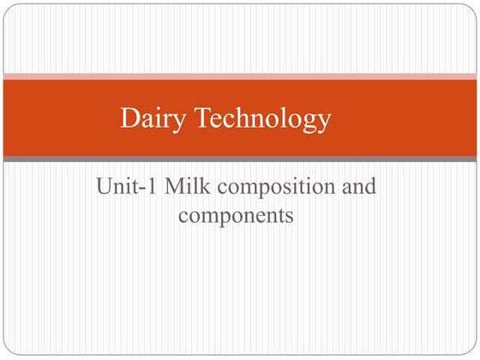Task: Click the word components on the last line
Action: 236,215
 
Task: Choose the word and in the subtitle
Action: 358,185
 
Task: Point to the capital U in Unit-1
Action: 105,185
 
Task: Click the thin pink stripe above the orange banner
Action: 240,76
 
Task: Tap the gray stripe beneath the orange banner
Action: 240,159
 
